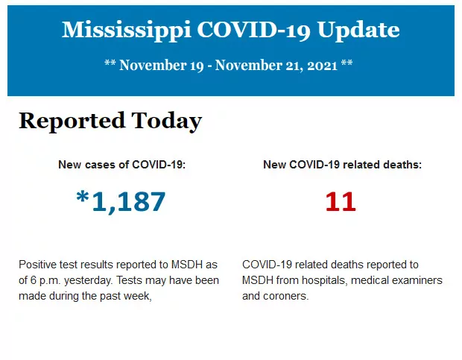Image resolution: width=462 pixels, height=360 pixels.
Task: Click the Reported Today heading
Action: click(110, 121)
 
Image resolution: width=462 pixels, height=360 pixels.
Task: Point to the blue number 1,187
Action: click(128, 201)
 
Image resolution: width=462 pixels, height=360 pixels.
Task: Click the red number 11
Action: click(341, 201)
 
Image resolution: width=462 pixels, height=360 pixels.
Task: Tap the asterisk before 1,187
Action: click(82, 198)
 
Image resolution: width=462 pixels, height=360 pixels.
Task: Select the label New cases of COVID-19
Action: click(121, 165)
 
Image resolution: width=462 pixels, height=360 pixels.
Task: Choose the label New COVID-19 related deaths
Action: click(342, 165)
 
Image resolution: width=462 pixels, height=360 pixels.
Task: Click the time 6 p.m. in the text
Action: click(47, 280)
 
